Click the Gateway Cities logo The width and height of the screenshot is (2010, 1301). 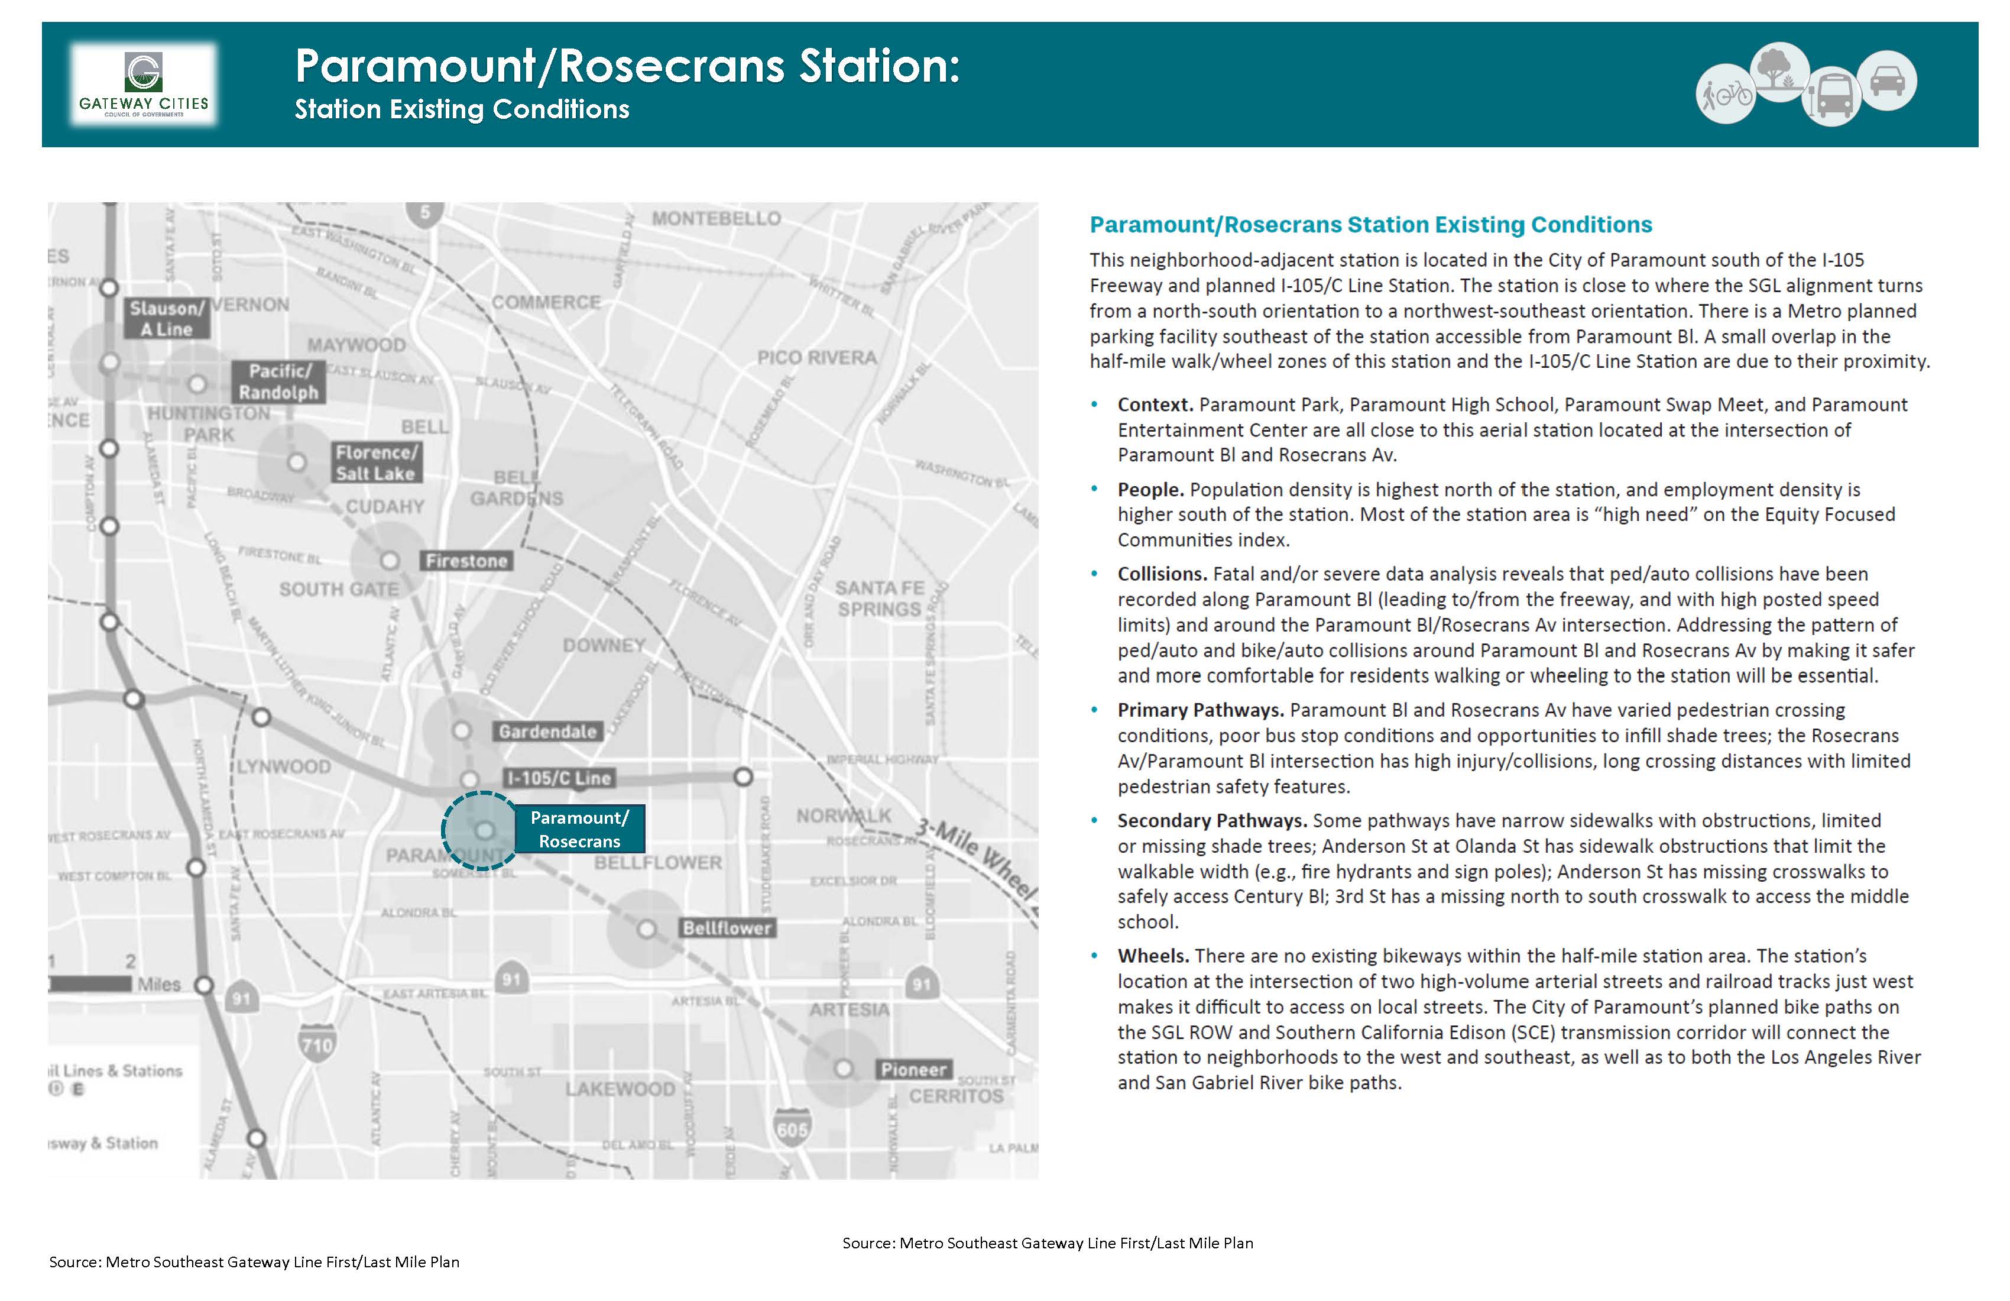tap(144, 85)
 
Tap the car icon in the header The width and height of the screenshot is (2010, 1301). tap(1888, 81)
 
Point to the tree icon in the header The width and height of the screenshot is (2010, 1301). tap(1779, 71)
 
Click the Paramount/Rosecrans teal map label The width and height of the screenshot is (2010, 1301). tap(579, 829)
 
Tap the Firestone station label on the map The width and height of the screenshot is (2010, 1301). tap(466, 561)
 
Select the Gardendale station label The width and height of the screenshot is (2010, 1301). tap(547, 732)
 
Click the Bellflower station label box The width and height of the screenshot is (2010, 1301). tap(727, 928)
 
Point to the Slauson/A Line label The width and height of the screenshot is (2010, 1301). tap(166, 319)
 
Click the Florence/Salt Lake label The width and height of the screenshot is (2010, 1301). tap(376, 463)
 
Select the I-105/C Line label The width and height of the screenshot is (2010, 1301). tap(558, 778)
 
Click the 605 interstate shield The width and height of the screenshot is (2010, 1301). tap(792, 1129)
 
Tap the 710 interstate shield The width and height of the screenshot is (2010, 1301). tap(317, 1044)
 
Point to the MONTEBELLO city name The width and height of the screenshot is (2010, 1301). tap(716, 219)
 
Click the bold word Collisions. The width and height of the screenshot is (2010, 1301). tap(1162, 574)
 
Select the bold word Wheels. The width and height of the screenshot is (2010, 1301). tap(1153, 956)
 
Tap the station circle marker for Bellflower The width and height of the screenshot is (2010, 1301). tap(646, 929)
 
